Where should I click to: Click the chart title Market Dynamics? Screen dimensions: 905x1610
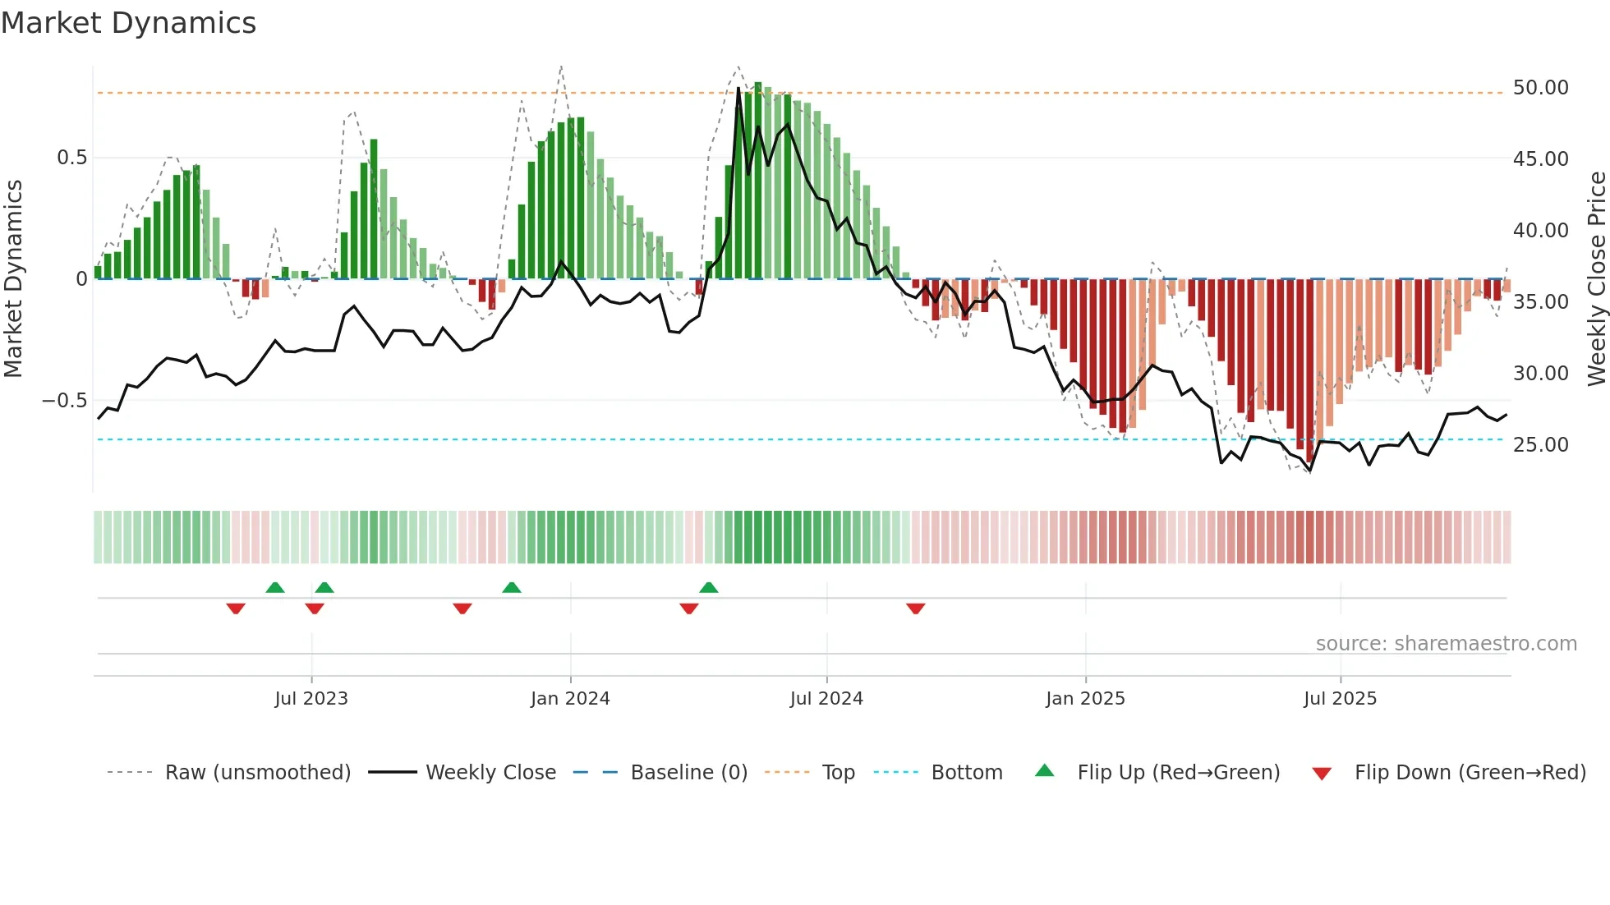(x=128, y=23)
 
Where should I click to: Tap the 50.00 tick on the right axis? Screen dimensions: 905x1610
(x=1540, y=88)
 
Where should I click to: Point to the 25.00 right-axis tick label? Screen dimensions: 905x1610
(x=1540, y=445)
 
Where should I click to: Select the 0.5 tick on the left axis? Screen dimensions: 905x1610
(x=71, y=158)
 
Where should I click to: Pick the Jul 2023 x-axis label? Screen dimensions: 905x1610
(x=311, y=699)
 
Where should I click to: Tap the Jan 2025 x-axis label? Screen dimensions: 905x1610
(x=1085, y=699)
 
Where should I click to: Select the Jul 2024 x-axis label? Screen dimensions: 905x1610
(x=826, y=699)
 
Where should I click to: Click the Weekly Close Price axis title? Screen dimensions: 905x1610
(x=1596, y=279)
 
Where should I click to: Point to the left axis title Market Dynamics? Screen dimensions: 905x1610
(x=13, y=279)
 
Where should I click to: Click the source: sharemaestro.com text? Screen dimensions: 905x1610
(x=1446, y=644)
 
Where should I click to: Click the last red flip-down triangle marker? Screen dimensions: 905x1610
(x=916, y=609)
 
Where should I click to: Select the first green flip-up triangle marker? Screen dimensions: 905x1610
(x=275, y=587)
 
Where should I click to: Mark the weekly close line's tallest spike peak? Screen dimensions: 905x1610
(x=738, y=88)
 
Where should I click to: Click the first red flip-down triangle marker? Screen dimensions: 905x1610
(x=236, y=609)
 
